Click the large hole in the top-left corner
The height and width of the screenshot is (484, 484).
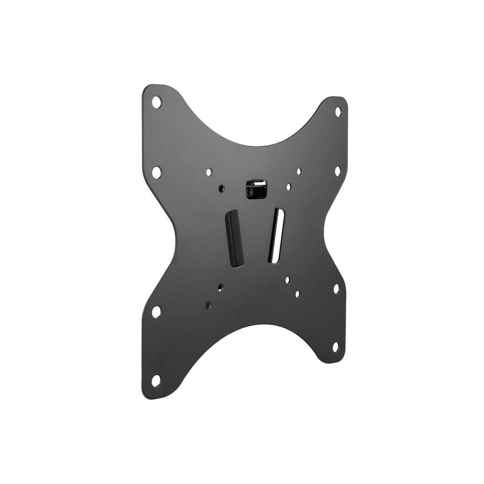click(x=158, y=101)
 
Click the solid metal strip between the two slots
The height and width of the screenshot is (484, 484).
click(x=254, y=235)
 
